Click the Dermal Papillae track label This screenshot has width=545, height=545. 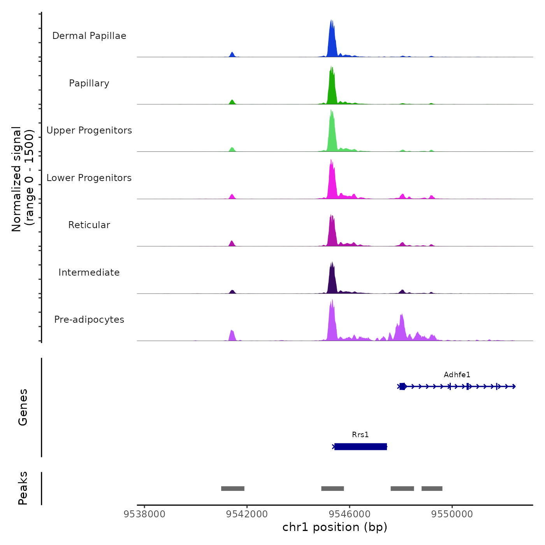[x=89, y=36]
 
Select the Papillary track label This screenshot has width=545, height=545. [x=89, y=83]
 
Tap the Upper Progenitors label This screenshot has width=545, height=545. [x=89, y=130]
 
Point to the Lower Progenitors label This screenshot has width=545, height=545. [x=89, y=178]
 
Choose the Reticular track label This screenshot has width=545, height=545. [x=89, y=225]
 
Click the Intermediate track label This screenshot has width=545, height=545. [x=89, y=272]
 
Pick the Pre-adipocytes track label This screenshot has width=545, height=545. [x=89, y=320]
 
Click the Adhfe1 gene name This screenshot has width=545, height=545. [x=457, y=375]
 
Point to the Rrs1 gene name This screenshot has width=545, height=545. [x=360, y=435]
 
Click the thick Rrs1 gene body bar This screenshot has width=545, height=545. [x=360, y=447]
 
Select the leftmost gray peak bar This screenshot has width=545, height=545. [x=233, y=489]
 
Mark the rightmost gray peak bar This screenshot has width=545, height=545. [x=432, y=489]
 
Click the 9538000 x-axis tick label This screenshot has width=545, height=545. [x=144, y=514]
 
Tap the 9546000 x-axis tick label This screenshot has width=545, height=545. [x=350, y=514]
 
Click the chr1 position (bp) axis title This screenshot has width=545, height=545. [x=335, y=527]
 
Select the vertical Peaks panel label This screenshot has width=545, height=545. [x=23, y=488]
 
